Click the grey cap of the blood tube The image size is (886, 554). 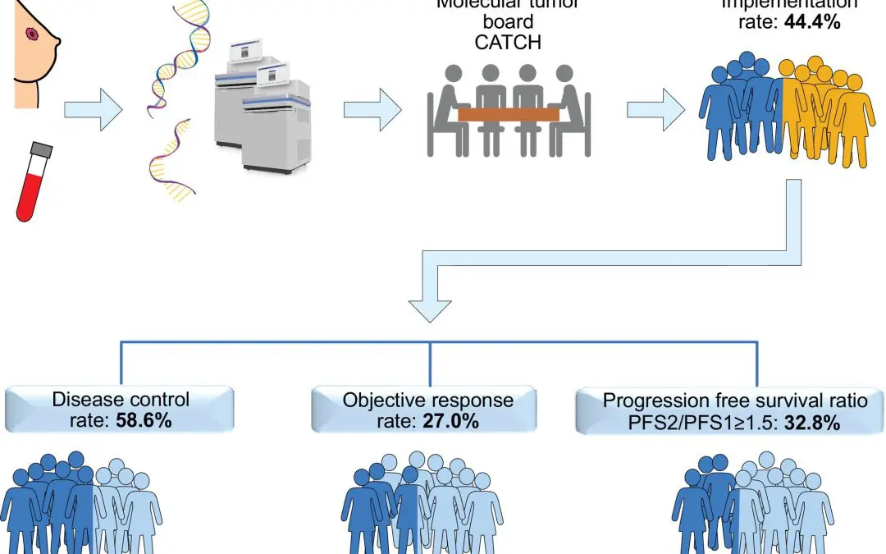[x=41, y=150]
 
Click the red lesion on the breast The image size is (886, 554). [x=33, y=34]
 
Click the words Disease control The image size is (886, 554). [x=121, y=401]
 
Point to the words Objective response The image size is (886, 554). [x=427, y=401]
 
